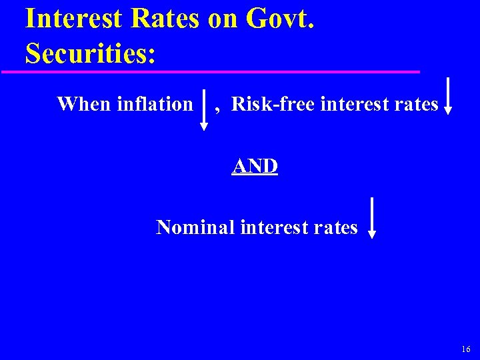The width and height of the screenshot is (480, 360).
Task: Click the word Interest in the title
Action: coord(71,19)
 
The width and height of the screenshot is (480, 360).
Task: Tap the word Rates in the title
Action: coord(166,19)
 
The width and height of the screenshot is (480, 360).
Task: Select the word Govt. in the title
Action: coord(280,19)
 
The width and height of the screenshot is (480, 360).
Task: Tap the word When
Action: coord(84,104)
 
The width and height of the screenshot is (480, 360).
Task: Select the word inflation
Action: coord(155,104)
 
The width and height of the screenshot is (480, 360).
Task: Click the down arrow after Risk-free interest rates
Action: coord(449,97)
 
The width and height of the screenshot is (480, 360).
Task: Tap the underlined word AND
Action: coord(255,165)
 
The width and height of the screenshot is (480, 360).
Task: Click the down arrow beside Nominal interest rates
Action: coord(372,217)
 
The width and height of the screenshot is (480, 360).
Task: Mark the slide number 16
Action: coord(465,349)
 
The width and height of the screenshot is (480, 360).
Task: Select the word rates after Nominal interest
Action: coord(337,228)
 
